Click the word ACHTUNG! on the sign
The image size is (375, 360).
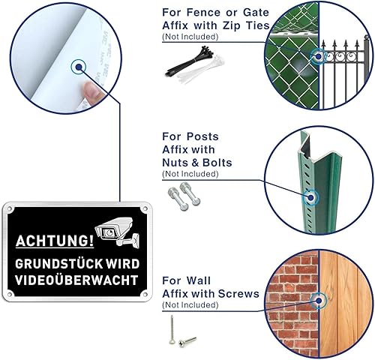point(55,241)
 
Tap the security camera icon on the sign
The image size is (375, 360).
point(117,231)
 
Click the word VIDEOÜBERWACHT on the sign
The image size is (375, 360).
point(76,279)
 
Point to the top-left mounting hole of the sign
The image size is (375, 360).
point(10,208)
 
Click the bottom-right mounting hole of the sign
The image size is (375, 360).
point(145,294)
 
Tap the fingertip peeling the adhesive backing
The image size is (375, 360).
point(91,91)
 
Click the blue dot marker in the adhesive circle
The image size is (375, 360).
point(79,67)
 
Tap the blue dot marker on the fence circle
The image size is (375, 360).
point(318,56)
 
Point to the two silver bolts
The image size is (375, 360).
point(184,196)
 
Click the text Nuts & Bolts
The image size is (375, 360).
point(197,163)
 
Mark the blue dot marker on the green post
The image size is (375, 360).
point(310,197)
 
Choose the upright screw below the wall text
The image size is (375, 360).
point(172,329)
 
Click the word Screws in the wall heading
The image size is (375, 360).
point(238,293)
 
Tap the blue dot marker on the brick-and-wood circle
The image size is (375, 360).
point(319,301)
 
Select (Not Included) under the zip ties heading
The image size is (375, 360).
point(190,37)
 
